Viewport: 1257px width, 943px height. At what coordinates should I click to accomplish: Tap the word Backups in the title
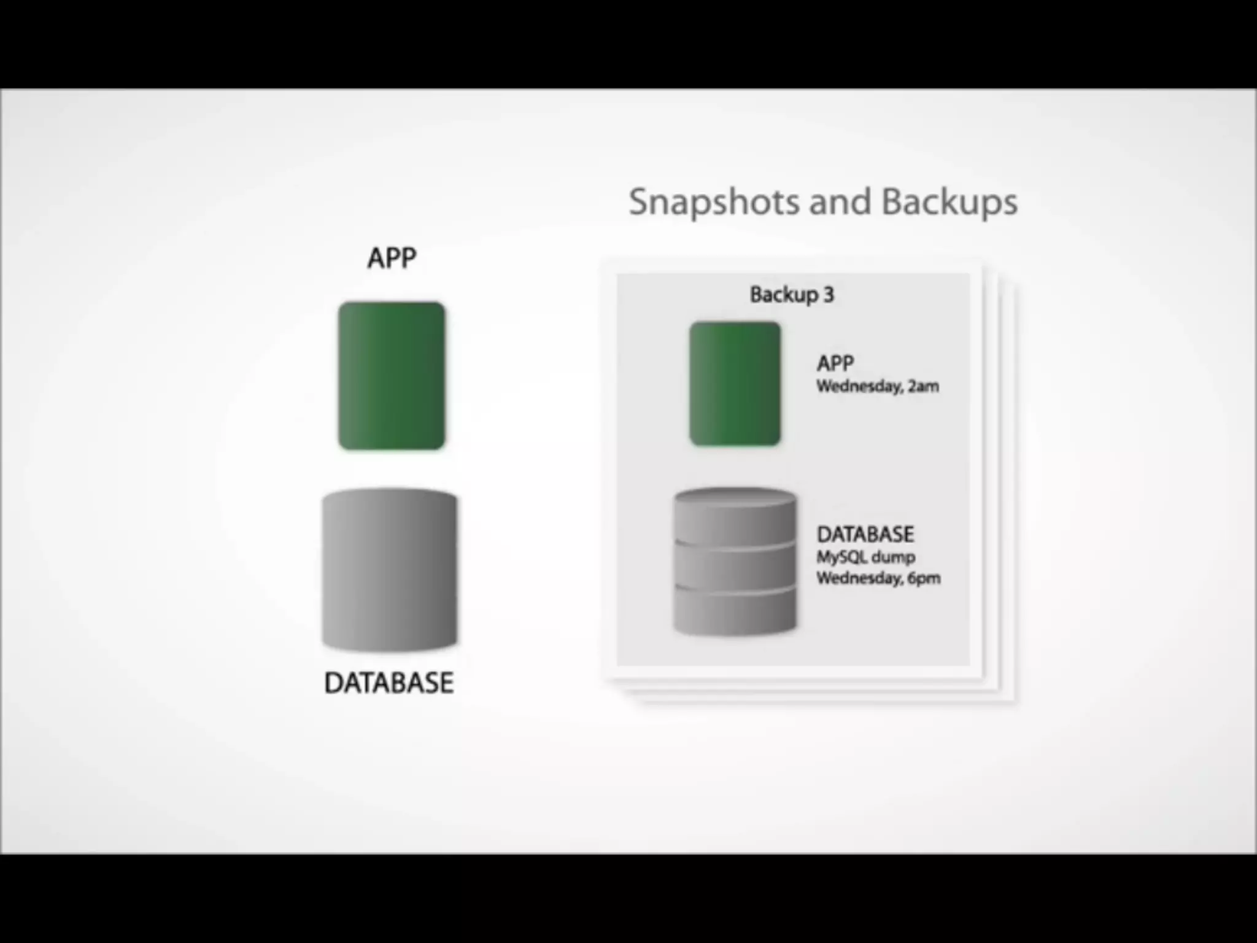(950, 202)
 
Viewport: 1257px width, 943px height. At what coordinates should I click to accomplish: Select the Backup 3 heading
(792, 295)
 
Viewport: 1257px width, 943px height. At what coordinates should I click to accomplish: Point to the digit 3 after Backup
(829, 295)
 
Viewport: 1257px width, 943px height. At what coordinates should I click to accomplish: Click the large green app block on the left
(392, 376)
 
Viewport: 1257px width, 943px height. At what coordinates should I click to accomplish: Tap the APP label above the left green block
(392, 258)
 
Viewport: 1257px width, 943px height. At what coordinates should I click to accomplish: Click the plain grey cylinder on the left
(390, 569)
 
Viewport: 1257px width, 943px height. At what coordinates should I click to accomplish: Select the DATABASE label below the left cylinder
(389, 683)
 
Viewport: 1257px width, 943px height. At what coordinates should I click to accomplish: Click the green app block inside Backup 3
(735, 384)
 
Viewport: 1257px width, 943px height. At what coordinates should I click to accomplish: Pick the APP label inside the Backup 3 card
(835, 363)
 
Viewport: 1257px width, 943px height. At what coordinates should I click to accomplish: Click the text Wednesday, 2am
(877, 386)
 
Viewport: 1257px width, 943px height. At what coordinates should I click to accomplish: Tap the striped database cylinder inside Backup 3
(735, 562)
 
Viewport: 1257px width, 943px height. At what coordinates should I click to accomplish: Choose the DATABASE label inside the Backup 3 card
(865, 534)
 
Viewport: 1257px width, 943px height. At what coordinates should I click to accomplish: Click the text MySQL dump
(865, 557)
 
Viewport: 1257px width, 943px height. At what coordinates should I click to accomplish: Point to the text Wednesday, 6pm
(878, 578)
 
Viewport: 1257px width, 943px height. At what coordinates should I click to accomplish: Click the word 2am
(923, 386)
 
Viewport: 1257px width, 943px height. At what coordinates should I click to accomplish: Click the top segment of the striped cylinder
(735, 519)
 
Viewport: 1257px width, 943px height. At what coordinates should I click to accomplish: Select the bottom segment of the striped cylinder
(735, 611)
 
